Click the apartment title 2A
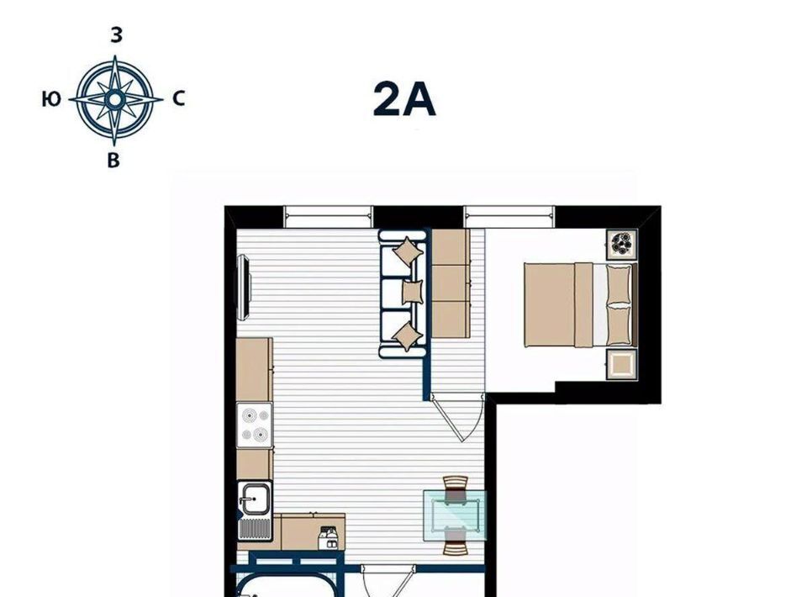click(x=404, y=99)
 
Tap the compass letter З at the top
click(x=116, y=35)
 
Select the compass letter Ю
click(x=51, y=98)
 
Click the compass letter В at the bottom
click(x=113, y=161)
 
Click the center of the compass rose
click(x=115, y=98)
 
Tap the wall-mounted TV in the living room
click(x=244, y=288)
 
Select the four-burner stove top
click(x=254, y=425)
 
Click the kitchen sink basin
click(x=255, y=498)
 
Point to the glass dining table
click(x=455, y=515)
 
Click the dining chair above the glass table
click(x=456, y=489)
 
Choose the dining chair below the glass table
click(x=456, y=542)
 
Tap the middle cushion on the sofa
click(x=412, y=292)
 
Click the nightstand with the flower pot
click(x=622, y=245)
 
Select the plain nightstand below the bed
click(x=622, y=364)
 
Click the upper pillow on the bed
click(x=618, y=284)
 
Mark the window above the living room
click(x=328, y=217)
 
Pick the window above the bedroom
click(x=509, y=217)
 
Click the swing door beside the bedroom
click(x=457, y=416)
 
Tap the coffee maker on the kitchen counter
click(x=329, y=538)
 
